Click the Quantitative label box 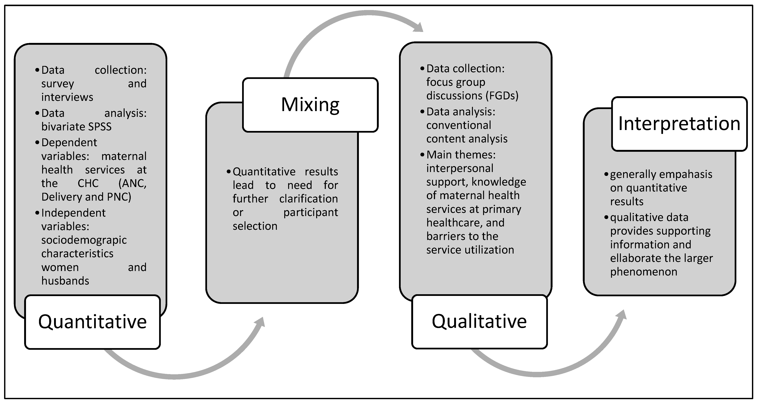click(92, 322)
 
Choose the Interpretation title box click(679, 124)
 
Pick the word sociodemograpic click(84, 240)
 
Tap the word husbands click(65, 281)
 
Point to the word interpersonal click(460, 168)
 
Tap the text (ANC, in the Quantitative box click(132, 183)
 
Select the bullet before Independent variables click(37, 213)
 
